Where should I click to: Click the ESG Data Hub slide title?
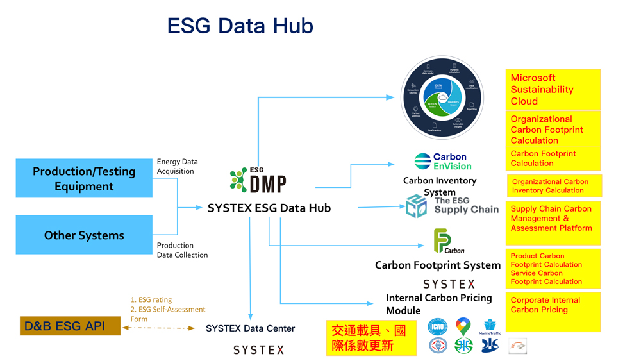[240, 26]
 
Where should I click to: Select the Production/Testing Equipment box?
[84, 179]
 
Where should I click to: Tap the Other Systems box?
[84, 235]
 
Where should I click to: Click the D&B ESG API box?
[70, 326]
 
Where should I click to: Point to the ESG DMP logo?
[258, 181]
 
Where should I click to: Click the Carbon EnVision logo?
[443, 161]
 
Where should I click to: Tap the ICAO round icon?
[437, 326]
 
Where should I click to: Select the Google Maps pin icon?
[463, 326]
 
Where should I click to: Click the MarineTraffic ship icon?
[490, 326]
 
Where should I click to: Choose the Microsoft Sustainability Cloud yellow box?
[553, 89]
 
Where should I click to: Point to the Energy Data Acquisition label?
[177, 167]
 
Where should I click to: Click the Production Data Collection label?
[182, 250]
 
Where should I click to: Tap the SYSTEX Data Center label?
[250, 328]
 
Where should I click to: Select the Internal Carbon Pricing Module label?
[438, 304]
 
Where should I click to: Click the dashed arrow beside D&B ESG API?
[158, 328]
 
